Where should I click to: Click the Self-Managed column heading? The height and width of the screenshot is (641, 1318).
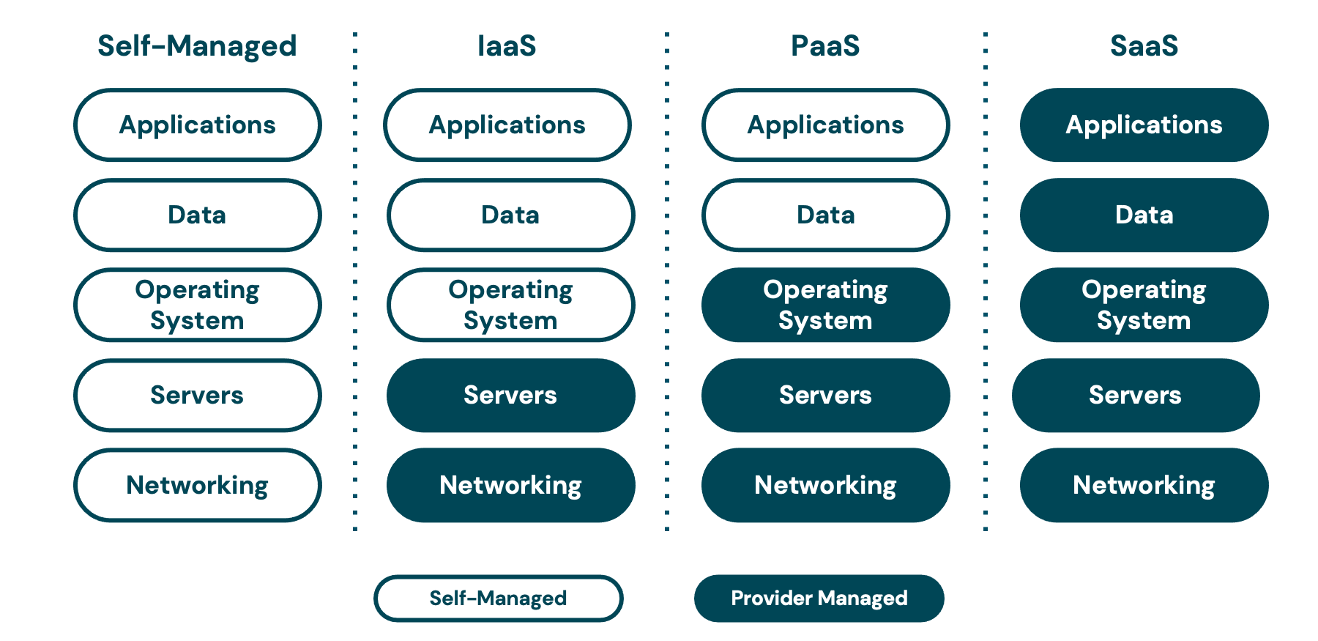197,46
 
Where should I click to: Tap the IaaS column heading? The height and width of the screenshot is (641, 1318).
507,46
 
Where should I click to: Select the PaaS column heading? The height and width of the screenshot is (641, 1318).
825,46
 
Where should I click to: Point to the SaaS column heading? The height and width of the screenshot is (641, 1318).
1144,46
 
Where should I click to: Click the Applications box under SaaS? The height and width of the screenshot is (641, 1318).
1144,125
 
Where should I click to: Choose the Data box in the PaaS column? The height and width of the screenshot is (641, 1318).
825,215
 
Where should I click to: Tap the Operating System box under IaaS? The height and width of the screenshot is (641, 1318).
510,305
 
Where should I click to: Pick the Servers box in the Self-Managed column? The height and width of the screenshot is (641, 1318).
197,396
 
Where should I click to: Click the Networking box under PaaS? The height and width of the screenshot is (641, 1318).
825,485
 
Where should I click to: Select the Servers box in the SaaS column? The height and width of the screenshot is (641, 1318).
1136,396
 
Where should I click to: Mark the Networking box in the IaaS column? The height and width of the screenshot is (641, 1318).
510,485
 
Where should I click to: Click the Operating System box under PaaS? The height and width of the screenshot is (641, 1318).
825,305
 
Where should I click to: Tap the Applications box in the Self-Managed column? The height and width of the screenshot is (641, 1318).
197,125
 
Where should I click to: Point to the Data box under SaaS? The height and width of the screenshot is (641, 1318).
1144,215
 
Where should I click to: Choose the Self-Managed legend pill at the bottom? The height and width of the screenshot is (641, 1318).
498,599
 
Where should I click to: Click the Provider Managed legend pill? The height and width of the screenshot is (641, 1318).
819,599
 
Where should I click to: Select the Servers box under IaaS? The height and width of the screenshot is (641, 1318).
510,396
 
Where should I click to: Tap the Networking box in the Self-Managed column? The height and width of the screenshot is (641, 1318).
197,485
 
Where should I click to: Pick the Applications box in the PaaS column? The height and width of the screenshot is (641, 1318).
825,125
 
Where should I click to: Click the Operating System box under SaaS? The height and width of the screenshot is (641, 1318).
1144,305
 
